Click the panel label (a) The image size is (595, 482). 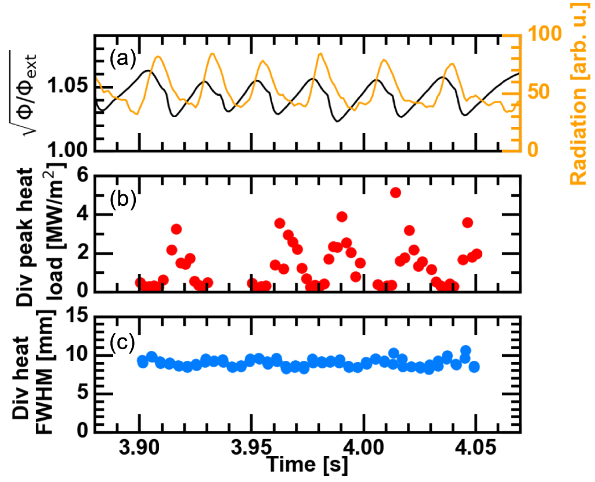coord(122,59)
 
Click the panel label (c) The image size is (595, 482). coord(122,341)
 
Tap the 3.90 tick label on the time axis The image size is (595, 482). coord(139,448)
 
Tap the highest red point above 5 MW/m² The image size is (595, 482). coord(396,193)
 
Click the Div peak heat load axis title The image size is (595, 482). coord(41,232)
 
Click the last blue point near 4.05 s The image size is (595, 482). coord(474,367)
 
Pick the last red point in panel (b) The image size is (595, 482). coord(477,254)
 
